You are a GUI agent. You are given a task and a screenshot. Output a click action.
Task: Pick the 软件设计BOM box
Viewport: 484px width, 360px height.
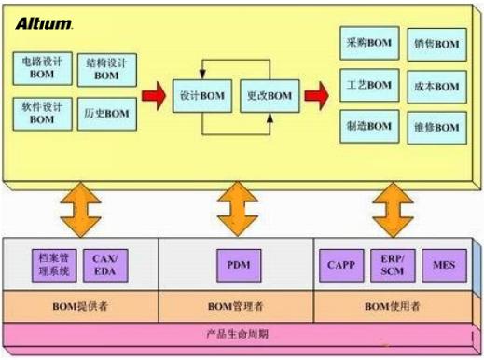point(41,114)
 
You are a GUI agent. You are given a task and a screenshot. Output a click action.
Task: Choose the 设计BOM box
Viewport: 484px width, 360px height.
point(201,96)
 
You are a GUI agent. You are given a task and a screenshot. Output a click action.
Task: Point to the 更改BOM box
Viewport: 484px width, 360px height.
point(269,96)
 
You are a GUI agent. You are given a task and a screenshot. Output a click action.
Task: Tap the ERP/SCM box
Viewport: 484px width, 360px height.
point(391,265)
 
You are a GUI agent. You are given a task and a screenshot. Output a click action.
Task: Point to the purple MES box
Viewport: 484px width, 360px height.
point(441,265)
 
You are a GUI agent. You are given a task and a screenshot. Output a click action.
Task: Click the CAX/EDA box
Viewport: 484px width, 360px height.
point(104,265)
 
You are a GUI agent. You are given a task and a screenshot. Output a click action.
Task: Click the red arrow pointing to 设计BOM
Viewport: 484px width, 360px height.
point(153,95)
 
